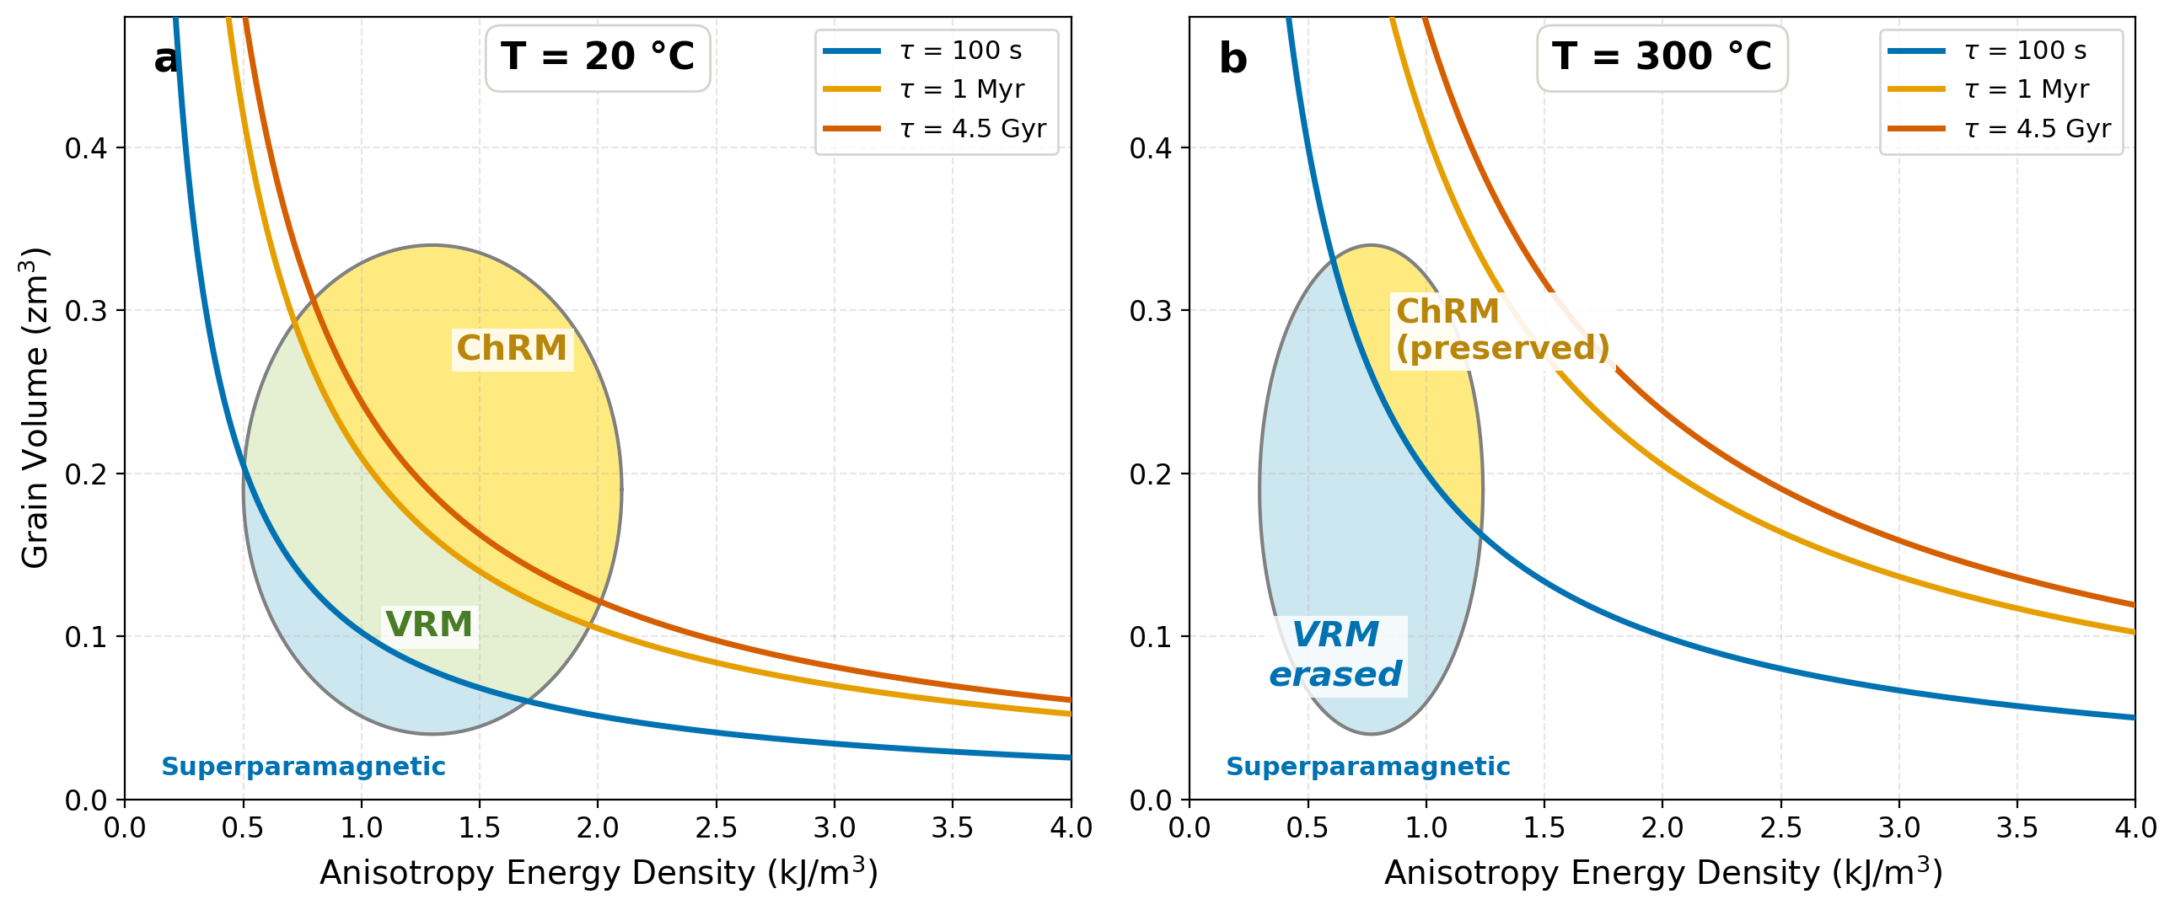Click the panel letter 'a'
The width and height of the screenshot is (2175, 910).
click(x=165, y=59)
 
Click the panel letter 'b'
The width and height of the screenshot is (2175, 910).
click(x=1232, y=59)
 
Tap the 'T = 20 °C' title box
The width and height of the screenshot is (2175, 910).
click(x=597, y=57)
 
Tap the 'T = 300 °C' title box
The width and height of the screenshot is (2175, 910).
click(x=1661, y=57)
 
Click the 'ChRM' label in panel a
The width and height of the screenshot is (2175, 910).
click(x=512, y=349)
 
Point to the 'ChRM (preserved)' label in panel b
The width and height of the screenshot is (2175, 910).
click(x=1501, y=330)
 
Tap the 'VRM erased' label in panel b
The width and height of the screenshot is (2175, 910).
click(x=1335, y=655)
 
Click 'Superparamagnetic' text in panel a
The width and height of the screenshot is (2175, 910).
click(x=303, y=767)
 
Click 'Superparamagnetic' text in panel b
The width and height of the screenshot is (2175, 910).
click(x=1367, y=767)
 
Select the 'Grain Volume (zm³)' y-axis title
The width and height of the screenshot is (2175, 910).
click(x=35, y=408)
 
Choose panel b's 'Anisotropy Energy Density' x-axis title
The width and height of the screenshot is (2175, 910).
click(x=1662, y=872)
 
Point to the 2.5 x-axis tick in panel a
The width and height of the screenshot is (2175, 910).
click(x=716, y=827)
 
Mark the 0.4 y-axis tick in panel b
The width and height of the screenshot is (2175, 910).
click(x=1150, y=148)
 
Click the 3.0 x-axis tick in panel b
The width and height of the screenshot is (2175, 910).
click(x=1898, y=827)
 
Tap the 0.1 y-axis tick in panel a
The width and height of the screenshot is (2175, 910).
click(x=86, y=637)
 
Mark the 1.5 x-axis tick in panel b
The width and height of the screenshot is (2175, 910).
click(x=1544, y=827)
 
